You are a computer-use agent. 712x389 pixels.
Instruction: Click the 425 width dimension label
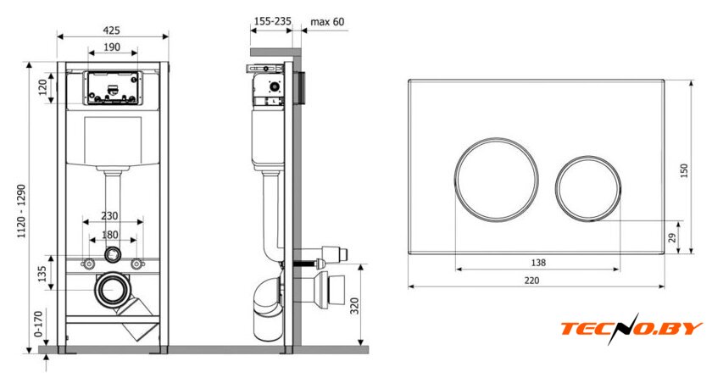(111, 31)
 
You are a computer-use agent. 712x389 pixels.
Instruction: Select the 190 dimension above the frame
(112, 47)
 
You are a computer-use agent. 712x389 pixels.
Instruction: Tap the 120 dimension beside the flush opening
(43, 87)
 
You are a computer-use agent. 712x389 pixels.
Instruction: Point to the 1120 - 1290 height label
(21, 211)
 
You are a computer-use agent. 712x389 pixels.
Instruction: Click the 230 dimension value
(109, 216)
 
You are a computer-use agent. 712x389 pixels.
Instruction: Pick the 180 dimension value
(110, 235)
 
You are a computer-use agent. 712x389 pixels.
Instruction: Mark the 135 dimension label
(42, 274)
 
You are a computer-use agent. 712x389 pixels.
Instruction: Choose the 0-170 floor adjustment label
(39, 324)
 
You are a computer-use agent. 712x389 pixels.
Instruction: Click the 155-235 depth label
(272, 21)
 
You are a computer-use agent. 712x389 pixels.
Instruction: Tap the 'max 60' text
(327, 21)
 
